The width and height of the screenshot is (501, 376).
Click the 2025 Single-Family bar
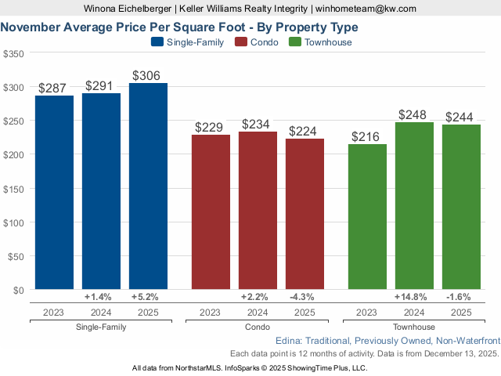[x=148, y=186]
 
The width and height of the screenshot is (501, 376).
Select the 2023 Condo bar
[x=211, y=211]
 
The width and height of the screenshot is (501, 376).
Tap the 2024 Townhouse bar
[x=414, y=205]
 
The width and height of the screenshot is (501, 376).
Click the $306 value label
[x=148, y=75]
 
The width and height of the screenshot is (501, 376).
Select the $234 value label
[x=258, y=125]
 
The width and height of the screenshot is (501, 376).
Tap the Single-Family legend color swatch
[x=157, y=42]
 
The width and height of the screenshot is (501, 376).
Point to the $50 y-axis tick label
[x=16, y=256]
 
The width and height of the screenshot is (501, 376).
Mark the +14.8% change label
[x=414, y=298]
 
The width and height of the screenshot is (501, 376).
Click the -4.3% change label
[x=305, y=298]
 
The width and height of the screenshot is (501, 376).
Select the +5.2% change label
[x=148, y=298]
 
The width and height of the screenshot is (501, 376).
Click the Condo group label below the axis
[x=258, y=327]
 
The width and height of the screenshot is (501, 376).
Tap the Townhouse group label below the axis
[x=414, y=327]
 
